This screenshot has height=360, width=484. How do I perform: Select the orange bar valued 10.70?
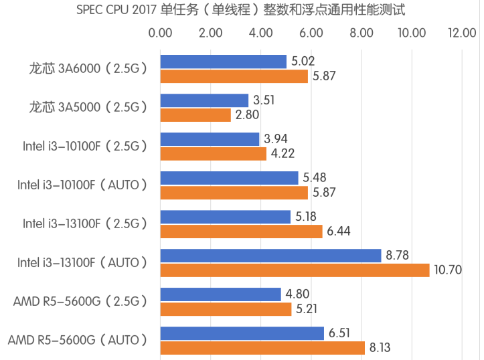(x=295, y=270)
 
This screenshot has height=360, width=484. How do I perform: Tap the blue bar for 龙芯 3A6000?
(x=223, y=62)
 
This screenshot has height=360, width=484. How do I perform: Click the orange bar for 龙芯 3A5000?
(x=195, y=115)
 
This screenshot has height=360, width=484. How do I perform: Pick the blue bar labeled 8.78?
(x=270, y=255)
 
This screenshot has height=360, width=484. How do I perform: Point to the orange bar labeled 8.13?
(x=262, y=347)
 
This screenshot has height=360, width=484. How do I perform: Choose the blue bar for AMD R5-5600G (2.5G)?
(x=220, y=294)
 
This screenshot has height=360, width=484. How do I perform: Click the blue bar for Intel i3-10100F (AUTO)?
(x=229, y=178)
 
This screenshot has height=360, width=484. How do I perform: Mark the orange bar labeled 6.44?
(x=241, y=231)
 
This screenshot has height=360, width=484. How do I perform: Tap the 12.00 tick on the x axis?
(x=462, y=33)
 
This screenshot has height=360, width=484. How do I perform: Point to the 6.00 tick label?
(x=311, y=33)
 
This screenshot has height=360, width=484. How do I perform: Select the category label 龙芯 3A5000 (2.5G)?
(x=88, y=107)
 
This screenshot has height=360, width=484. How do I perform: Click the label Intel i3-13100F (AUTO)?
(x=82, y=262)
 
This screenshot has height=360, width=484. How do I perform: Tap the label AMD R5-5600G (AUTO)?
(x=78, y=340)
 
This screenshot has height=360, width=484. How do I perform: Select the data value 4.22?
(x=282, y=154)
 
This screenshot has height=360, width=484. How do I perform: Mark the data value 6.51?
(x=339, y=333)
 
